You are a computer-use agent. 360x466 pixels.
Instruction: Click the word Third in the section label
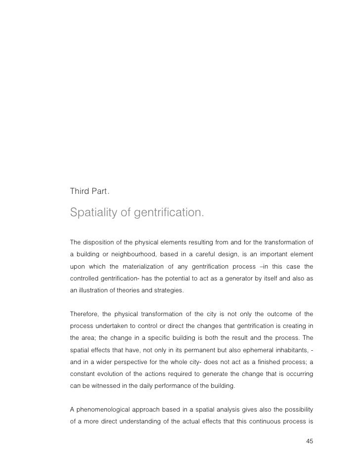[79, 190]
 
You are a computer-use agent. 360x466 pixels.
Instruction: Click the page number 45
[310, 441]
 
